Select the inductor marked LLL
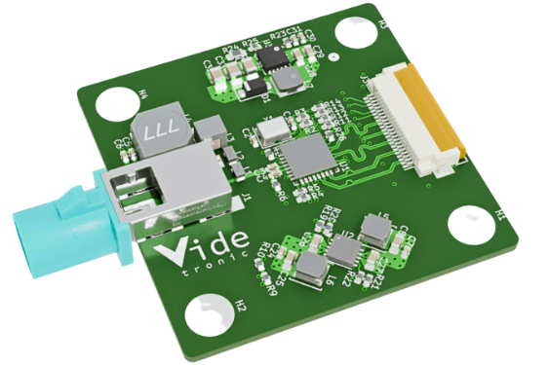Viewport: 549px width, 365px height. click(159, 136)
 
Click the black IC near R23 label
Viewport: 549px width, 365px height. click(272, 59)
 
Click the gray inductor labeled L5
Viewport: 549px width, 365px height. click(373, 230)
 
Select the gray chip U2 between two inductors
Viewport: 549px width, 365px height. click(343, 252)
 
